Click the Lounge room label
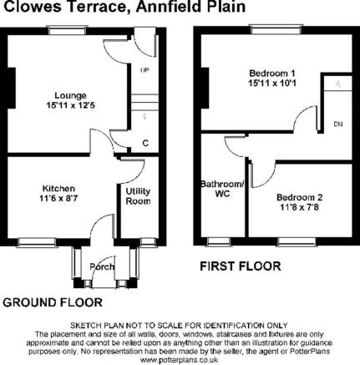pos(70,95)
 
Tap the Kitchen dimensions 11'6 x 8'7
pos(58,199)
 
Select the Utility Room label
pos(138,196)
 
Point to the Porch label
pos(102,266)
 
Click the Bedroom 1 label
pos(271,74)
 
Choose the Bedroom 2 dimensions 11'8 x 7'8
pos(300,207)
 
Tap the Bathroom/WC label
pos(223,189)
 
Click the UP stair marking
pos(145,70)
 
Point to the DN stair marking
pos(338,124)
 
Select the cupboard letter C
pos(145,143)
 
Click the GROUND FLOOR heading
pos(53,302)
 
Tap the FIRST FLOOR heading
pos(241,266)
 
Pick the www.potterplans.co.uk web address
pos(179,360)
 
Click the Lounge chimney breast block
pos(12,88)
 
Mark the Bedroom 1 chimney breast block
pos(205,88)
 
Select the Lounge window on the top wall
pos(67,30)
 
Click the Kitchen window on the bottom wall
pos(38,242)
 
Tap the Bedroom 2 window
pos(297,241)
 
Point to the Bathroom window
pos(219,241)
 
